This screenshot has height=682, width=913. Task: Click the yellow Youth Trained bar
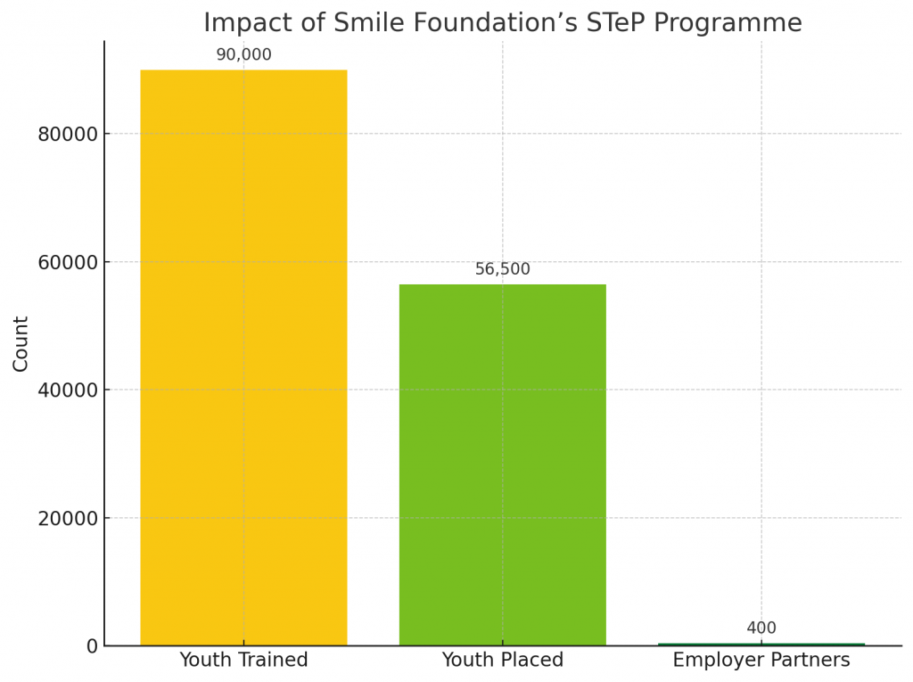point(243,357)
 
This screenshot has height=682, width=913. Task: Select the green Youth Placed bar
point(502,464)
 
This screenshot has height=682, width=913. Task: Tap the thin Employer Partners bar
point(761,644)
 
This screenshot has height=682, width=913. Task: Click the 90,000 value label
point(243,55)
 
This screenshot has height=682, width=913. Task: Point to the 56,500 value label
point(502,269)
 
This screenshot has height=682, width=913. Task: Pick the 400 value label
point(761,629)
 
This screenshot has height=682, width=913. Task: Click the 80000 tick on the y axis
point(68,135)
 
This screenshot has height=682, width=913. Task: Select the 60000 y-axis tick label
point(68,262)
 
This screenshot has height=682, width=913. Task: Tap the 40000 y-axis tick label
point(68,390)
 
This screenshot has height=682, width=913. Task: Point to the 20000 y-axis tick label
point(68,519)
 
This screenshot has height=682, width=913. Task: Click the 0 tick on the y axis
point(92,646)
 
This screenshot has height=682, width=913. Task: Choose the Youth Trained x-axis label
point(243,661)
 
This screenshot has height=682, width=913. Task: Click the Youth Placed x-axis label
point(502,661)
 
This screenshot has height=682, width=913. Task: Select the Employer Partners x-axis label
point(761,661)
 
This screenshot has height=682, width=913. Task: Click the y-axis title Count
point(21,343)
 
